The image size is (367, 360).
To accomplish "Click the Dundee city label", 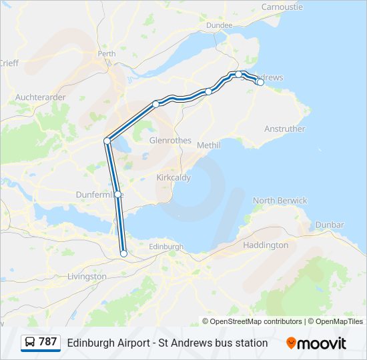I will coord(220,25).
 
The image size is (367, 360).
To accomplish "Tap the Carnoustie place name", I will coord(282,7).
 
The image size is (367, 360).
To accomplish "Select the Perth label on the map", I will coord(107,53).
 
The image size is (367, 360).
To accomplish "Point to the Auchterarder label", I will coord(40,97).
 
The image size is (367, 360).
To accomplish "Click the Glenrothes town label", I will coord(170,141).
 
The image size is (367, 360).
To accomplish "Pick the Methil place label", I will coord(209,145).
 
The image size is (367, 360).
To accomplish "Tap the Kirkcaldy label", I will coord(173,178).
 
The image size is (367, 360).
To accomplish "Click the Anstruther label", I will coord(284,129).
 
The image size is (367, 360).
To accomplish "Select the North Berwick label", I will coord(280,201).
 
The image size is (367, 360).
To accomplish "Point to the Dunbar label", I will coord(330,225).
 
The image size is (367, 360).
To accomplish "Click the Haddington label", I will coord(266,245).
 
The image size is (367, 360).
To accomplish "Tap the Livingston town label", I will coord(87,276).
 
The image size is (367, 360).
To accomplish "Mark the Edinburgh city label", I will coord(165,247).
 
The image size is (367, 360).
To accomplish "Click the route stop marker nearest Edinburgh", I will coord(123,253).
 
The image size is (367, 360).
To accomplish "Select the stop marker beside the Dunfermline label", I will coord(118,194).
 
